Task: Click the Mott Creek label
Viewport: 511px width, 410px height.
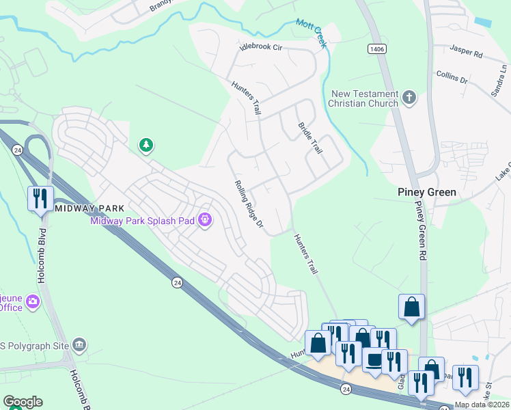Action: pos(312,33)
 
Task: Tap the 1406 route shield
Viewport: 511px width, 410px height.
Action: pos(376,49)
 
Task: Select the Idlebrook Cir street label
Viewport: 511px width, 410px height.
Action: pos(260,48)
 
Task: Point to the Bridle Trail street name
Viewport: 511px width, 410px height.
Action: pos(309,137)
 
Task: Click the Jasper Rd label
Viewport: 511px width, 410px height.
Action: pos(467,51)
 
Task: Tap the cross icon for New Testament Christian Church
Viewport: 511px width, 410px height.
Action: pos(409,98)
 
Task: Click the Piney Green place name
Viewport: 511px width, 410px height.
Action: pos(427,193)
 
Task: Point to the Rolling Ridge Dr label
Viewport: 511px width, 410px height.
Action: pos(249,205)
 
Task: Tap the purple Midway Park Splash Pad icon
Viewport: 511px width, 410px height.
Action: pos(204,220)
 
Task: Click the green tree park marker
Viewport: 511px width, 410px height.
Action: pos(146,145)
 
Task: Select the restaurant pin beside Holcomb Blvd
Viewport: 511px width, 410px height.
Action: pos(40,199)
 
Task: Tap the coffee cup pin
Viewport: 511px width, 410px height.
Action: pos(373,360)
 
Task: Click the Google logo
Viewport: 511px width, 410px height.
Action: pos(23,402)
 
